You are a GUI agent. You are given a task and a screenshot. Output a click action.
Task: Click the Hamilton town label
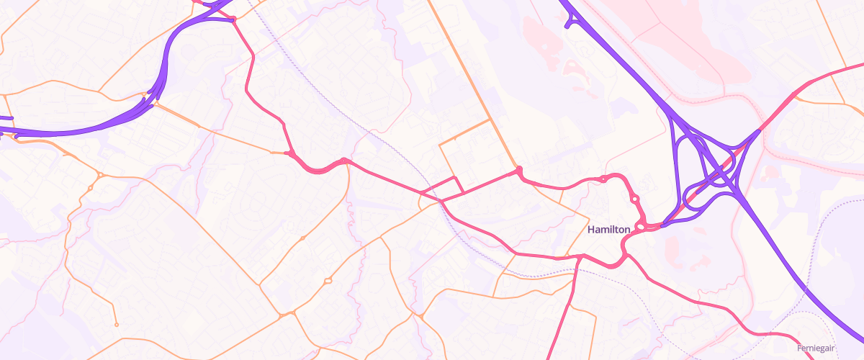click(x=609, y=230)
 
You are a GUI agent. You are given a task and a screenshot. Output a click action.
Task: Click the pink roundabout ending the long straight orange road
click(x=518, y=171)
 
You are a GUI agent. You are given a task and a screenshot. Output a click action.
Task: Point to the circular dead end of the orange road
click(x=116, y=324)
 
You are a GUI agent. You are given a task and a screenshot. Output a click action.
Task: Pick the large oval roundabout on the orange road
click(x=328, y=280)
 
